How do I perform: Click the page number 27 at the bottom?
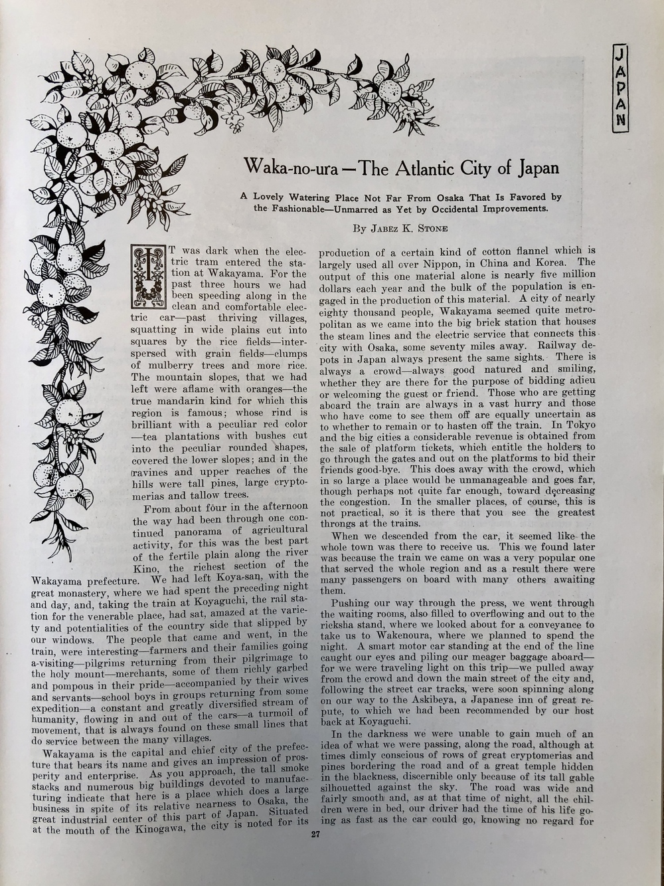click(315, 836)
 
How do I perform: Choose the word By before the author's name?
click(359, 228)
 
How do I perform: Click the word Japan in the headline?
click(537, 167)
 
